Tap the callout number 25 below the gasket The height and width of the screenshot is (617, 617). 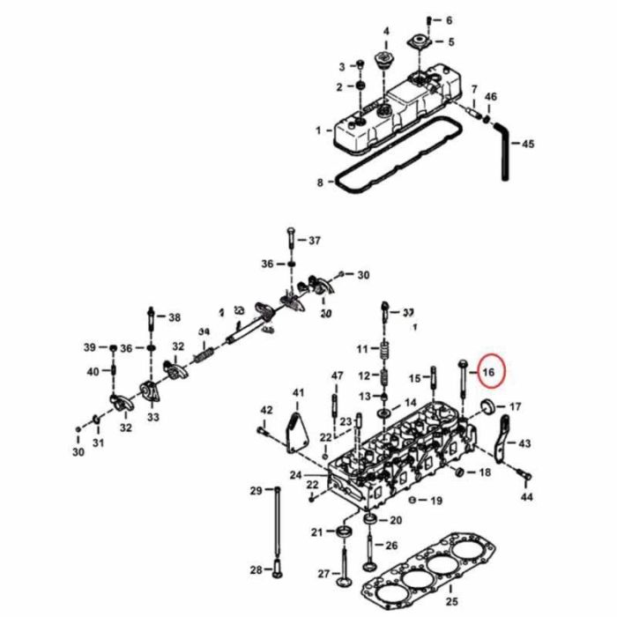pyautogui.click(x=452, y=602)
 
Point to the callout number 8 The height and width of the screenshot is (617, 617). pyautogui.click(x=320, y=182)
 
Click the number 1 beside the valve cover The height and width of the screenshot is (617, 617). pyautogui.click(x=318, y=130)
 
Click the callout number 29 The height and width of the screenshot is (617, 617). pyautogui.click(x=256, y=491)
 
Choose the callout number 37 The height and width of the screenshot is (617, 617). pyautogui.click(x=314, y=241)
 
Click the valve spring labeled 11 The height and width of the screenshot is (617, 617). pyautogui.click(x=383, y=351)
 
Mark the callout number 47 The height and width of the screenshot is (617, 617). pyautogui.click(x=337, y=376)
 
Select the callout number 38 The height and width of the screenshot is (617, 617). pyautogui.click(x=174, y=317)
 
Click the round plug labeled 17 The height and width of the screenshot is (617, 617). pyautogui.click(x=484, y=406)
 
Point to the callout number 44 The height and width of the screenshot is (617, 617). pyautogui.click(x=527, y=498)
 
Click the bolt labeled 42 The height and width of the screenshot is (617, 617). pyautogui.click(x=263, y=430)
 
